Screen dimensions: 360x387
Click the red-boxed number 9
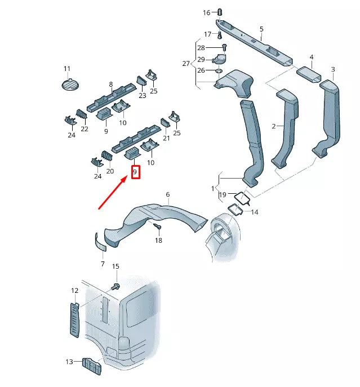(135, 172)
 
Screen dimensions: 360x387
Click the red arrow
(113, 193)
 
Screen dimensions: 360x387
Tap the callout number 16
(207, 12)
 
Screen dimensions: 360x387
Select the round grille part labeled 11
(70, 84)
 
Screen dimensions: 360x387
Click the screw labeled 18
(157, 226)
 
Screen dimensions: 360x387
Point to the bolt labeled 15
(115, 287)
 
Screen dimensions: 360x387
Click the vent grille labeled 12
(75, 320)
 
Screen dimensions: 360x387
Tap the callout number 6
(168, 194)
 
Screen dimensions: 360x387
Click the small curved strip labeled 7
(100, 242)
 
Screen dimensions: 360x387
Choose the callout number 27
(186, 64)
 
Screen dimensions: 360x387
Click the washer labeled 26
(219, 71)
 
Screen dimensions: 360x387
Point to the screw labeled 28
(224, 47)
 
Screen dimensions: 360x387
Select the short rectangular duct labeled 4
(309, 74)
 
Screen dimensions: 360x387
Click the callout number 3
(333, 69)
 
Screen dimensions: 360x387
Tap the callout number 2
(274, 126)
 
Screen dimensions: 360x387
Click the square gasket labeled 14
(235, 210)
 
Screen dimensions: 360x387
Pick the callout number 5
(261, 29)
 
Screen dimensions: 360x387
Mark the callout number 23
(143, 96)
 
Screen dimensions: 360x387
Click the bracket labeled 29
(220, 59)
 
